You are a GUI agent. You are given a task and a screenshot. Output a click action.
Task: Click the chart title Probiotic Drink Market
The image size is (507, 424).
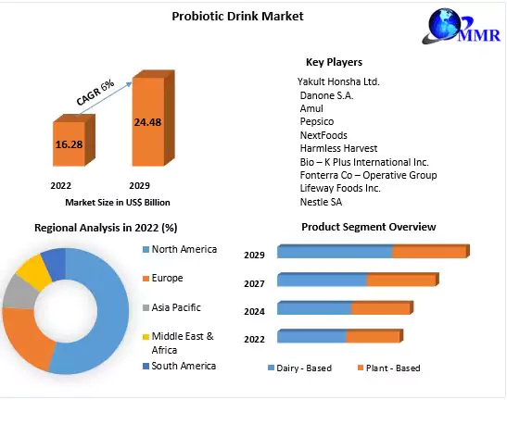(x=237, y=16)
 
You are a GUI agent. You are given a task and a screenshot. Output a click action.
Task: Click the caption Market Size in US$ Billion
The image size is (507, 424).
(x=117, y=202)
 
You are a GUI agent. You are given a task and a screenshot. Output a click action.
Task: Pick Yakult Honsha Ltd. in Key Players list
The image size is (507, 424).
(x=338, y=81)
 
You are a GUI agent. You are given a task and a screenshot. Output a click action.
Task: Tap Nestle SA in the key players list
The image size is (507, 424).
(x=320, y=202)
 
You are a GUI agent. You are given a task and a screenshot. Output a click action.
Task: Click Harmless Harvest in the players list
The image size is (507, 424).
(x=337, y=148)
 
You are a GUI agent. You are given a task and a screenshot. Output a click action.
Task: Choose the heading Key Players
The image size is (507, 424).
(x=334, y=62)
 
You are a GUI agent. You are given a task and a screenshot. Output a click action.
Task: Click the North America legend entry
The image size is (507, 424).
(x=184, y=249)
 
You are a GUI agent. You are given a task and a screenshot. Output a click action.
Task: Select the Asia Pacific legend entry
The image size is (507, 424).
(x=175, y=307)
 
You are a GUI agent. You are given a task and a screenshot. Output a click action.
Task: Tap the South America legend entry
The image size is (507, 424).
(x=184, y=366)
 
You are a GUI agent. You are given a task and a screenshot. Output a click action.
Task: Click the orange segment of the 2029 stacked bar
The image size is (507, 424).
(x=428, y=252)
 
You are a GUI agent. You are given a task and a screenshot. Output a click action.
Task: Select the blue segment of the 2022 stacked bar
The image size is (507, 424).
(x=311, y=336)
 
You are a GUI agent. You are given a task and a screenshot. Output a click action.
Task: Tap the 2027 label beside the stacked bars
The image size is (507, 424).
(x=254, y=283)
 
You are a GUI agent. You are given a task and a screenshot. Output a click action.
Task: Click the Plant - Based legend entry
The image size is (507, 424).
(x=388, y=368)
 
